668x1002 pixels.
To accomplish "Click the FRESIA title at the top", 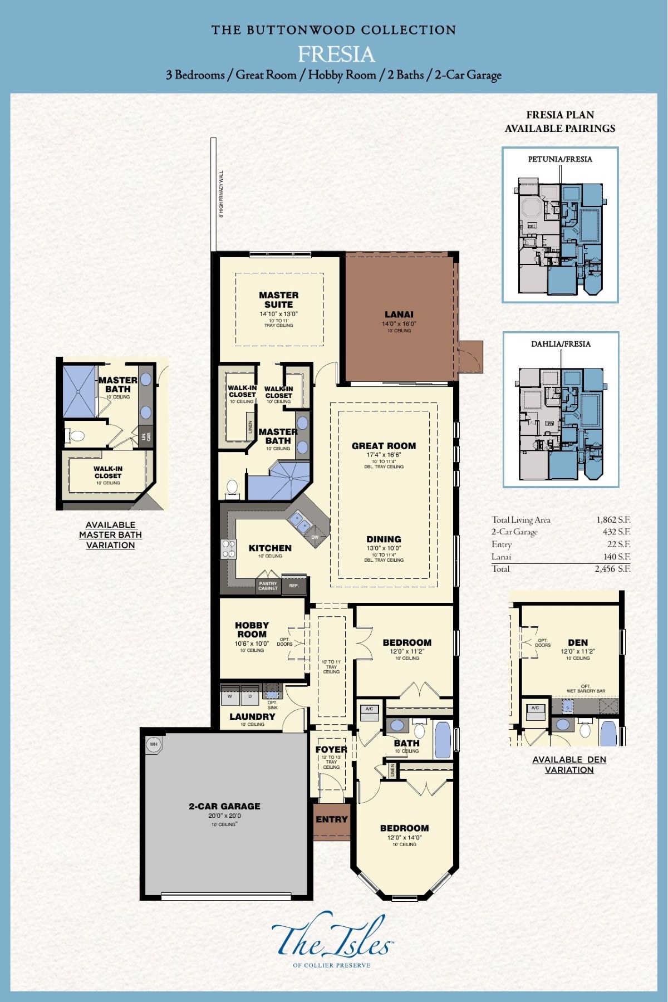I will tap(336, 54).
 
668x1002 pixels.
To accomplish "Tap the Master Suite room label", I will tap(278, 300).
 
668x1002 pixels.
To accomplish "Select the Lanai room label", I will tap(399, 315).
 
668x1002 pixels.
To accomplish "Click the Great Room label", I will tap(384, 446).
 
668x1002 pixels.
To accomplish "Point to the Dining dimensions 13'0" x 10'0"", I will tap(384, 548).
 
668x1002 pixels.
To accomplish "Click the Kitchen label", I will tap(270, 548).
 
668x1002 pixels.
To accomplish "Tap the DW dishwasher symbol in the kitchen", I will tap(315, 537).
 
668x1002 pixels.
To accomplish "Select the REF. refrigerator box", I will tap(294, 586).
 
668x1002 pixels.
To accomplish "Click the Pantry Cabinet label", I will tap(268, 586).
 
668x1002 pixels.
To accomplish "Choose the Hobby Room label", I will tap(252, 630).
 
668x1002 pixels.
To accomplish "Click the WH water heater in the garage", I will tap(154, 744).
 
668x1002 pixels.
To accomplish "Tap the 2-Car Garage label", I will tap(224, 806).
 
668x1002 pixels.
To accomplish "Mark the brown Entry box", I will tap(331, 819).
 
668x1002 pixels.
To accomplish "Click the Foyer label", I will tap(331, 749).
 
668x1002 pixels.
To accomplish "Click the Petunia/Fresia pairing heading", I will tap(560, 159).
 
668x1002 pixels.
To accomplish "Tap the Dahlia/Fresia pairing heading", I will tap(561, 344).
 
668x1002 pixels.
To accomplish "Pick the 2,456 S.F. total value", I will tap(612, 569).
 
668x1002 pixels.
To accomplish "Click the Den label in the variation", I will tap(578, 642).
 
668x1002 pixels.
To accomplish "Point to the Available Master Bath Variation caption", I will tap(110, 535).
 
